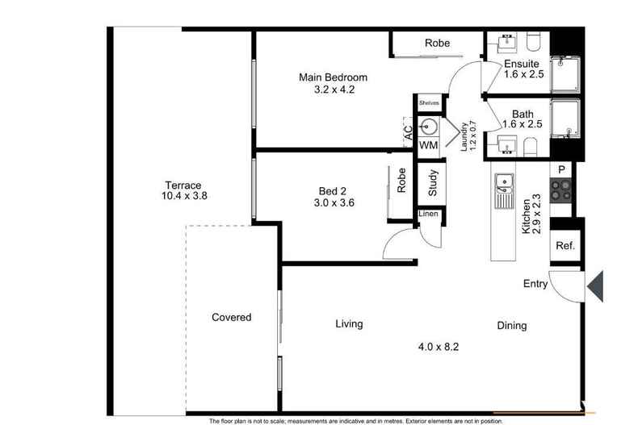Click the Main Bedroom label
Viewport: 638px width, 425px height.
333,77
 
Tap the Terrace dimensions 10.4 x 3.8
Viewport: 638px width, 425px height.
184,196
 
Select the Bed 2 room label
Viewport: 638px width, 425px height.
333,191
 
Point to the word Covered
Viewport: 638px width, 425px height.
232,317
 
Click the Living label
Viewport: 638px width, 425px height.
349,324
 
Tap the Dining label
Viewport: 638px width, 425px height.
512,326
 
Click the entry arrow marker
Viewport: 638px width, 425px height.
595,287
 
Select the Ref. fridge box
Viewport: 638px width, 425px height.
565,245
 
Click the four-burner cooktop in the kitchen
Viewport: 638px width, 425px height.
560,190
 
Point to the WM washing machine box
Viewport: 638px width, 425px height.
429,145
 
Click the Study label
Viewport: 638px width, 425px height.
433,183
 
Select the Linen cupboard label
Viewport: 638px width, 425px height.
429,214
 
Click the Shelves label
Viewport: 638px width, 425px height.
429,102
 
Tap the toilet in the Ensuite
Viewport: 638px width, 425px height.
533,41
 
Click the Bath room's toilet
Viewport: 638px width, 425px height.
530,147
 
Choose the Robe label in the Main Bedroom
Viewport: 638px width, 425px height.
438,43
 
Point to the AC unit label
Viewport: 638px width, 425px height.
408,132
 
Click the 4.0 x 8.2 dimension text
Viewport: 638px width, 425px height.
439,347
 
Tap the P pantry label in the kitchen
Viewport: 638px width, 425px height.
561,169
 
